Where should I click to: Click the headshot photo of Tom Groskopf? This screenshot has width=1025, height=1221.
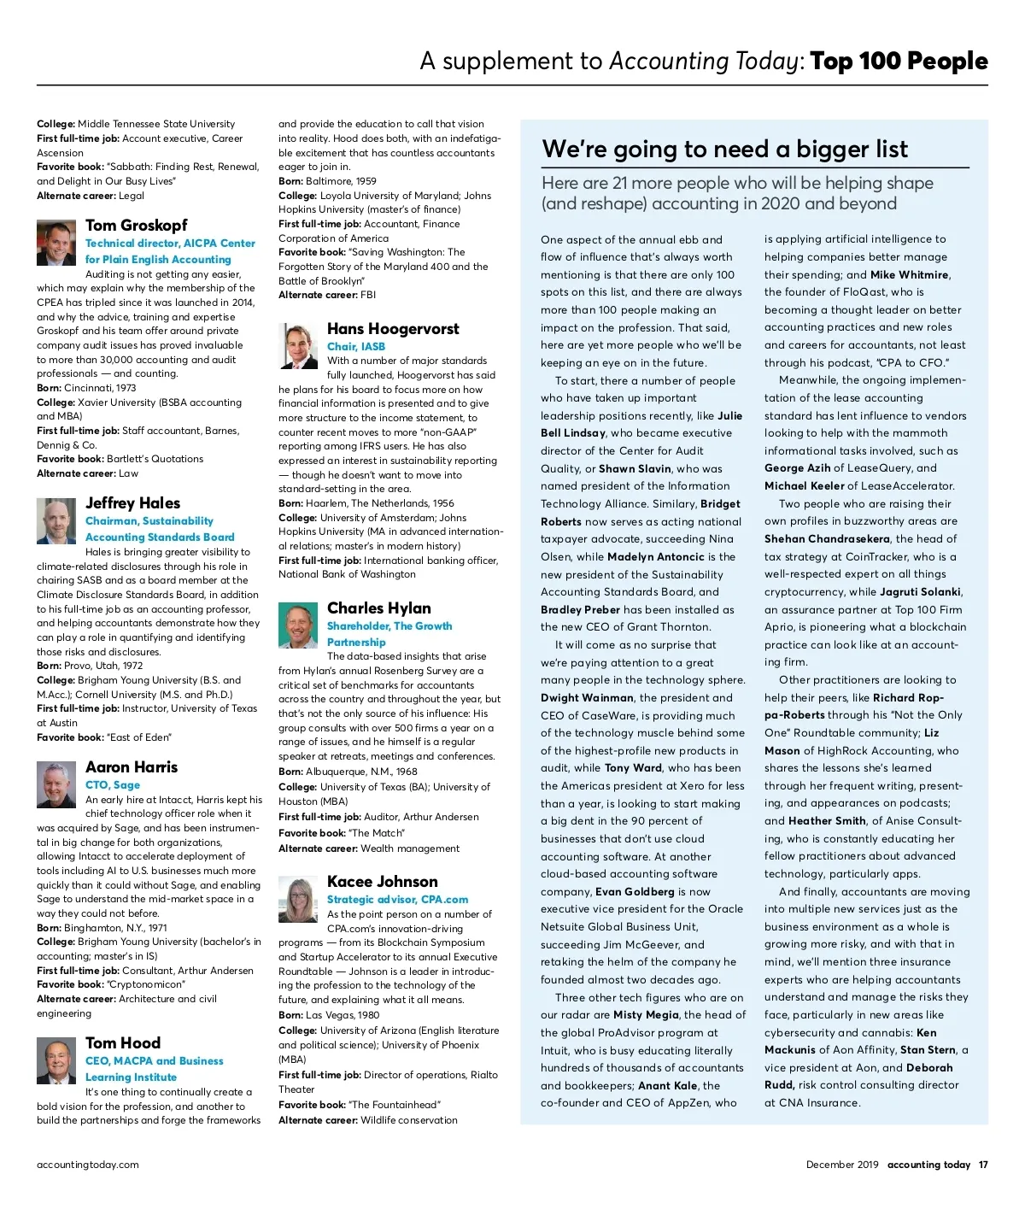(x=56, y=243)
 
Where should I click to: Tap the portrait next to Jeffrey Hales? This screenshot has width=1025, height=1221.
(x=56, y=520)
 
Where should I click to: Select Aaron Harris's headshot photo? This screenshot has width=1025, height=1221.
(x=56, y=784)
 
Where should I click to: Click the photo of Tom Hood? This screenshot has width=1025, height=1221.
(x=56, y=1060)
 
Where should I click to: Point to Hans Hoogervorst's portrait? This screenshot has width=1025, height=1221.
(x=298, y=346)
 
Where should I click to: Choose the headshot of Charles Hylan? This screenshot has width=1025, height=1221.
(x=298, y=625)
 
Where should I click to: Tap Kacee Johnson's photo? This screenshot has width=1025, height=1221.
(x=298, y=899)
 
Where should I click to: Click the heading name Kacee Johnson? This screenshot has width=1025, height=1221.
(x=382, y=881)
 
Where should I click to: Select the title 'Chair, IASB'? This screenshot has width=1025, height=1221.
(x=356, y=346)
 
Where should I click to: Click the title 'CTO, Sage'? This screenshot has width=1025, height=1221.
(x=113, y=784)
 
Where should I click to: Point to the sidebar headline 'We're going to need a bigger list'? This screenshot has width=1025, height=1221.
(x=724, y=150)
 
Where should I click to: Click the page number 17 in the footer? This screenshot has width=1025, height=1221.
(x=983, y=1165)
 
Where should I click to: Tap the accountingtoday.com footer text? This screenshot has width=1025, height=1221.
(x=88, y=1165)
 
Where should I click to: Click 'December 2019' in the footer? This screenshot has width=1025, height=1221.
(x=842, y=1165)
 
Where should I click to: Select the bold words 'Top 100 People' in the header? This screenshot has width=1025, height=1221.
(x=899, y=62)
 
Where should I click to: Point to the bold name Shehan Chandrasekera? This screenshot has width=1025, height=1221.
(x=827, y=538)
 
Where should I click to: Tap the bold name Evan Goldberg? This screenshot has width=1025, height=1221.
(x=635, y=891)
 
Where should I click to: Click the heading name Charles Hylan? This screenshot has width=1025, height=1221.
(x=378, y=608)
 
